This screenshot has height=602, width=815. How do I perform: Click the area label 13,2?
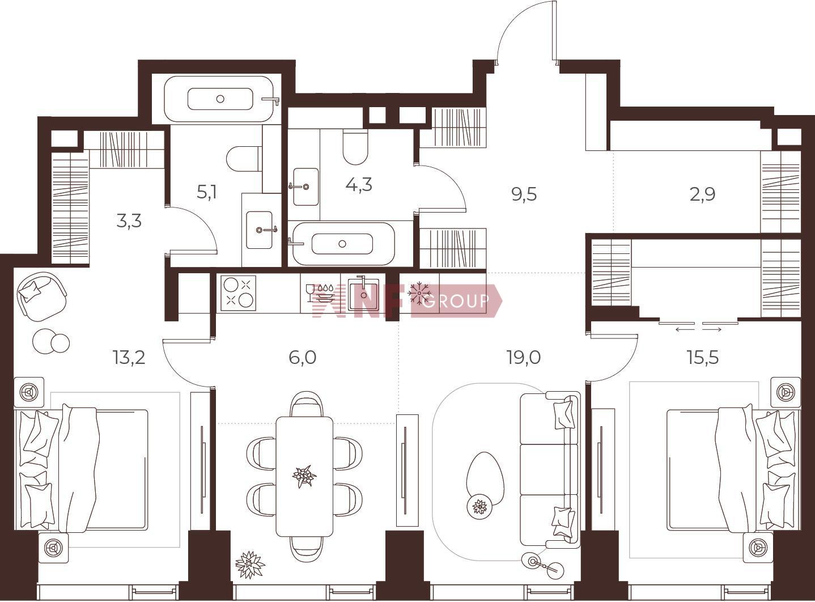(129, 357)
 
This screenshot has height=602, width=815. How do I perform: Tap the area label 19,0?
(524, 357)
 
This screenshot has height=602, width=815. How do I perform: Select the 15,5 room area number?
(703, 357)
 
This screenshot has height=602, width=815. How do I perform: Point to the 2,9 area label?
(702, 194)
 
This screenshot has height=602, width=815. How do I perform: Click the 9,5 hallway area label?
(524, 194)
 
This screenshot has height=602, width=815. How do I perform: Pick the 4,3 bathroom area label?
(359, 184)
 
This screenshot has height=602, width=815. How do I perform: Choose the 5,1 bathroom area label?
(206, 192)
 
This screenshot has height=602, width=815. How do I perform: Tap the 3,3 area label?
(129, 221)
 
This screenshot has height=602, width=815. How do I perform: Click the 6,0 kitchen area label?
(303, 357)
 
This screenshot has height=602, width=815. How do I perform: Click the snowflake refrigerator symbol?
(419, 293)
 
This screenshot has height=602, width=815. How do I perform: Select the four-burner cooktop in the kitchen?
(238, 293)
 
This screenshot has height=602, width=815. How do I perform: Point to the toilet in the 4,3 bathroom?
(355, 147)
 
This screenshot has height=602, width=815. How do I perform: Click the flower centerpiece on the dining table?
(304, 476)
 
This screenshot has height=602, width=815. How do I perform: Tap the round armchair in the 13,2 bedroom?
(43, 296)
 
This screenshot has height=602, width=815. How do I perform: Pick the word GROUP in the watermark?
(456, 301)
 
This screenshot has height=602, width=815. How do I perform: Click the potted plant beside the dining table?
(250, 565)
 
